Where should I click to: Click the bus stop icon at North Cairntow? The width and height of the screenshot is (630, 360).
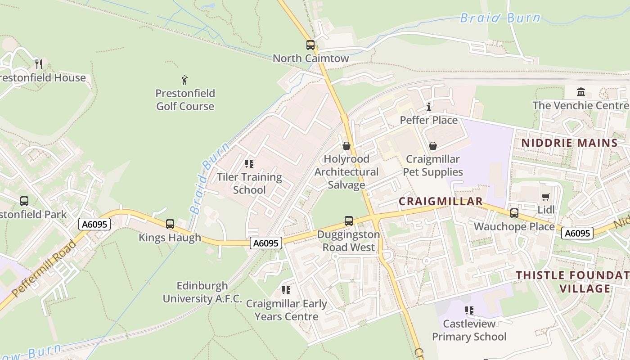[310, 45]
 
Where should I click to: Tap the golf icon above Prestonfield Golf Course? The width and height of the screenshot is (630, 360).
[184, 81]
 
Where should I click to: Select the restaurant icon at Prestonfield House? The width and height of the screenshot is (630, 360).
[39, 64]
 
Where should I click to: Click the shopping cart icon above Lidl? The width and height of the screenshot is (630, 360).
[546, 197]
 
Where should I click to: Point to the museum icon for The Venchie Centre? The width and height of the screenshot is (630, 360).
[581, 92]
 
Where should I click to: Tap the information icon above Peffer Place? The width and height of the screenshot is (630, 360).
[429, 107]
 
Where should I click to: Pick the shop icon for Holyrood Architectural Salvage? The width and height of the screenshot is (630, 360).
[346, 146]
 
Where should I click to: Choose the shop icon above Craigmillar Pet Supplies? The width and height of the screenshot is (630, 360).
[432, 146]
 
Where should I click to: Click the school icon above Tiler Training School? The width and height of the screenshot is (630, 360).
[249, 164]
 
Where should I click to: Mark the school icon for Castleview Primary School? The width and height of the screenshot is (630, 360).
[469, 310]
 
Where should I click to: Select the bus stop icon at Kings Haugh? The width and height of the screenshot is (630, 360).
[170, 224]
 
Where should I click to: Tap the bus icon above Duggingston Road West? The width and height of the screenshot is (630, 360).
[349, 221]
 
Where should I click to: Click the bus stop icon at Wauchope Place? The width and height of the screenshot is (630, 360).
[514, 213]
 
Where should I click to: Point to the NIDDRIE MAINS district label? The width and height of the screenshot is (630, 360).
[569, 143]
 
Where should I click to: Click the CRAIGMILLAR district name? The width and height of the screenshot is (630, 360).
[441, 201]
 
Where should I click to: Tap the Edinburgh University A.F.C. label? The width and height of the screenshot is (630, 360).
[202, 292]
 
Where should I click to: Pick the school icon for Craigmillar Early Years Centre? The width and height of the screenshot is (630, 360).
[286, 290]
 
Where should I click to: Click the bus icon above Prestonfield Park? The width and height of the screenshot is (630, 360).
[24, 201]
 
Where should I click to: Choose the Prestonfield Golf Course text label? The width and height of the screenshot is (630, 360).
[185, 100]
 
